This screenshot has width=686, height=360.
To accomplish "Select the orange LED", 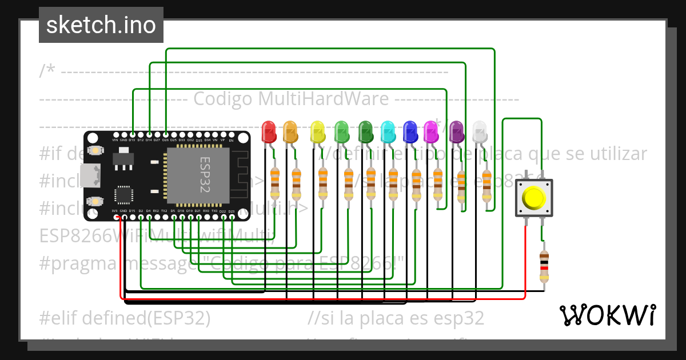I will tap(290, 132).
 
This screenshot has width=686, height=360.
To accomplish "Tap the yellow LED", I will tap(317, 132).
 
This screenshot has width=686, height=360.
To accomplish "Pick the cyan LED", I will tap(388, 132).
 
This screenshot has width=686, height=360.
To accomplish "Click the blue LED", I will tap(410, 132).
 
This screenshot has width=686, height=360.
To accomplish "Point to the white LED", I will tap(480, 132).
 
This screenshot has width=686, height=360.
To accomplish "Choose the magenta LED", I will tap(430, 132).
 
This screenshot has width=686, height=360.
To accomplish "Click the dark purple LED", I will tap(456, 132).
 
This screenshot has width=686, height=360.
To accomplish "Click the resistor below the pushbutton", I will tap(544, 266).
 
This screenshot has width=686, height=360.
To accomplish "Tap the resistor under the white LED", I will tap(486, 185).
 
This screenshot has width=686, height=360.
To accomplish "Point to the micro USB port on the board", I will tap(90, 176).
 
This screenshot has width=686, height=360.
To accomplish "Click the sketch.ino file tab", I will tap(101, 25).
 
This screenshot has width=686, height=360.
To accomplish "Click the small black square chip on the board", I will tap(124, 194).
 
